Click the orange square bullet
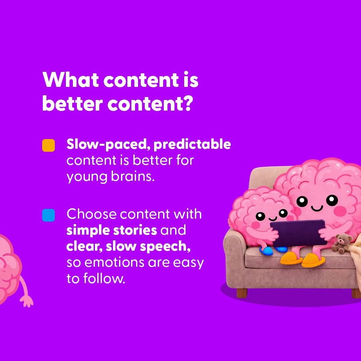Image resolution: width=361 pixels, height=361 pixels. coord(48,145)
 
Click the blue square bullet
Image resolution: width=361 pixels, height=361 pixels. coord(48,215)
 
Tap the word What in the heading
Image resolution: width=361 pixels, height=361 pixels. coord(71,80)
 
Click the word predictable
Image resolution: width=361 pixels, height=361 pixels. coord(192,145)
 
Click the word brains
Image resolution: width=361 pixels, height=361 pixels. coord(133,176)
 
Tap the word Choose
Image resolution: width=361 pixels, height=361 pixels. coord(91,214)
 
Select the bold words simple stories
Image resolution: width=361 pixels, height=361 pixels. coord(112,230)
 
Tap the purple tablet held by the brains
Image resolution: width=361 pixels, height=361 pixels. coord(298,233)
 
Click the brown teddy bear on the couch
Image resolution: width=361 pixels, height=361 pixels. coord(342,244)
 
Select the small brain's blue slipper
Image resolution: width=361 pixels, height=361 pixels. coord(267,251)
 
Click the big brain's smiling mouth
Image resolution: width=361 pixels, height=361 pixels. coord(317,208)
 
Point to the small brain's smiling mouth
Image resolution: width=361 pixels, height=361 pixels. coord(273,218)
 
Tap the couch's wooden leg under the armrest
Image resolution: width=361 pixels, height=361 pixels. coord(242,293)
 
